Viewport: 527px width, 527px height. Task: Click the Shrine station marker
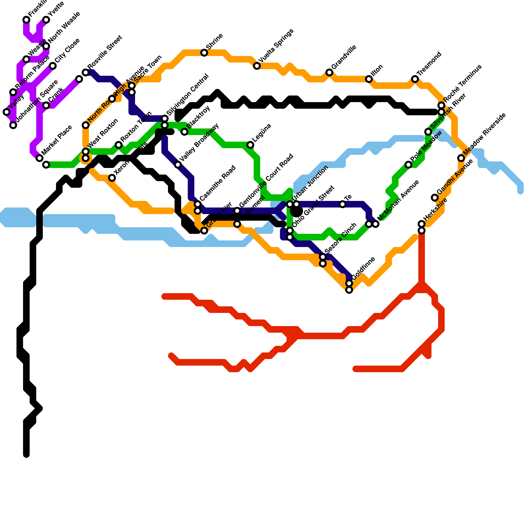tap(204, 53)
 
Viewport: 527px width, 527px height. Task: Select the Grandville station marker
tap(329, 72)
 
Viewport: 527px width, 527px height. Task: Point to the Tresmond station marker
tap(415, 79)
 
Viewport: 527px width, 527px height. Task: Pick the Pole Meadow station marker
tap(408, 165)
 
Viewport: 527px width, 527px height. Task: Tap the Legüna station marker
tap(250, 145)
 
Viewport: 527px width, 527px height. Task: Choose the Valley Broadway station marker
tap(178, 165)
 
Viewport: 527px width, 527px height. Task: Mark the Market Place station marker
tap(40, 158)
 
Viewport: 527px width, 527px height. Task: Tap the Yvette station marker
tap(46, 20)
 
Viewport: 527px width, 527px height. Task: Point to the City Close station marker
tap(53, 66)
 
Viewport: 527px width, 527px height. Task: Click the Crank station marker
tap(46, 105)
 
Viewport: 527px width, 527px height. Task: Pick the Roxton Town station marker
tap(119, 145)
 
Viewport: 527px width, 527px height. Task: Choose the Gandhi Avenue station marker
tap(435, 198)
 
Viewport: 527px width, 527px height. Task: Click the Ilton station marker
tap(369, 79)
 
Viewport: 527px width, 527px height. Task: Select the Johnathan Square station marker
tap(13, 125)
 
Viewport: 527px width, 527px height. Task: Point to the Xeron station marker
tap(112, 178)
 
